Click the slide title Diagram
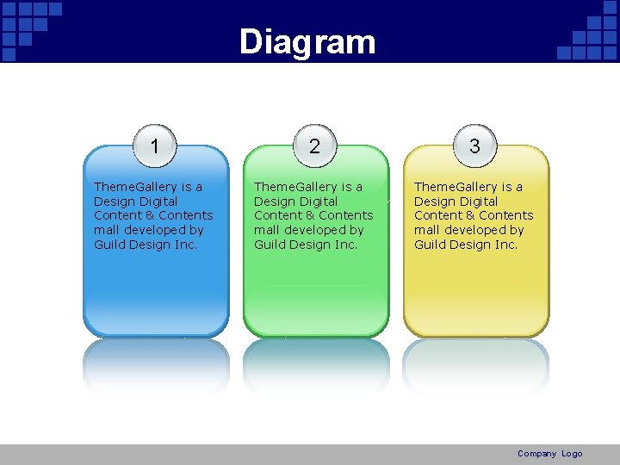[307, 41]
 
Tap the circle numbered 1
[154, 146]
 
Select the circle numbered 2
[314, 146]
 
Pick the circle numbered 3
[474, 146]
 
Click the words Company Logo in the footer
[549, 454]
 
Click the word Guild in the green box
[270, 245]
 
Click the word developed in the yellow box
[484, 230]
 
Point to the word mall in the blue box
[107, 230]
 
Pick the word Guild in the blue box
[110, 245]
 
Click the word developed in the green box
[324, 230]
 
